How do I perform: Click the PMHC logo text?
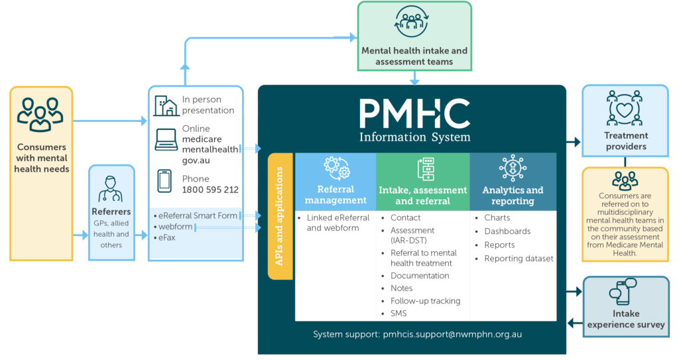pyautogui.click(x=414, y=114)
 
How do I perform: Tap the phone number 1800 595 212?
pyautogui.click(x=210, y=190)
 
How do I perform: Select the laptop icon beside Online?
pyautogui.click(x=165, y=140)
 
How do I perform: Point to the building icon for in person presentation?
pyautogui.click(x=165, y=105)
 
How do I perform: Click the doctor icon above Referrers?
pyautogui.click(x=111, y=188)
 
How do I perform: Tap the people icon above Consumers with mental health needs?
pyautogui.click(x=40, y=113)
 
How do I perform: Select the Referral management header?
pyautogui.click(x=336, y=195)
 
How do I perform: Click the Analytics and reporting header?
pyautogui.click(x=513, y=195)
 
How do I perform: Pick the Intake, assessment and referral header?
pyautogui.click(x=423, y=195)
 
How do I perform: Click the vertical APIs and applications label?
pyautogui.click(x=280, y=217)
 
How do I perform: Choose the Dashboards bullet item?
pyautogui.click(x=507, y=231)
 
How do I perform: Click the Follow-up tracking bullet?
pyautogui.click(x=425, y=301)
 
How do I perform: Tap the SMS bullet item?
pyautogui.click(x=399, y=314)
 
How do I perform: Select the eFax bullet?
pyautogui.click(x=166, y=237)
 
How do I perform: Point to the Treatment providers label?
pyautogui.click(x=626, y=141)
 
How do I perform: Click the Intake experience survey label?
pyautogui.click(x=625, y=320)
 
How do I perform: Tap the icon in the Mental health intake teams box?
pyautogui.click(x=414, y=24)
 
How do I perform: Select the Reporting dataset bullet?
pyautogui.click(x=519, y=259)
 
